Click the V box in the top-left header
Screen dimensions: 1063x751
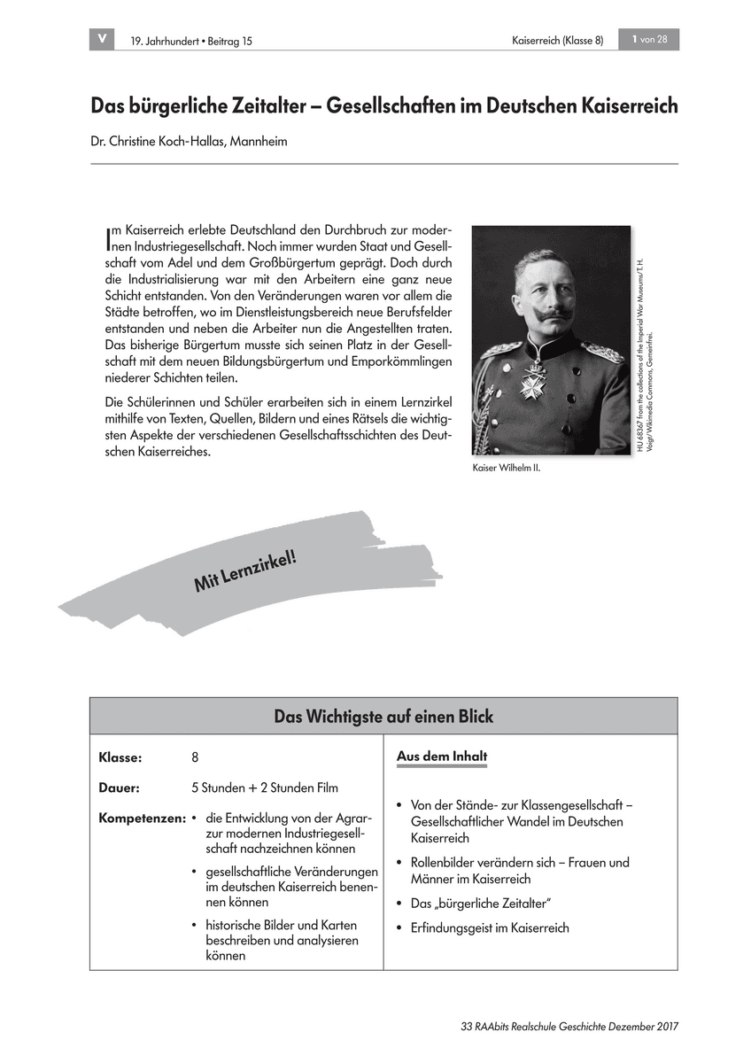[x=103, y=39]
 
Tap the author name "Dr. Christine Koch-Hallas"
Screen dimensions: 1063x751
[x=158, y=141]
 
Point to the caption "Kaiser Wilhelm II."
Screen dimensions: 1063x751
[x=507, y=469]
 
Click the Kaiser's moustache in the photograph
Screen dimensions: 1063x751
[x=547, y=314]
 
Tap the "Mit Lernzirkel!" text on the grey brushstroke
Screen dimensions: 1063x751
[x=244, y=570]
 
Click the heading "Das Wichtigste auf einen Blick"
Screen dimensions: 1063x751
[x=383, y=716]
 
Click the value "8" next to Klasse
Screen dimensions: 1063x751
[x=195, y=758]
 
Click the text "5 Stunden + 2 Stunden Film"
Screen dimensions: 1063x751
[x=264, y=788]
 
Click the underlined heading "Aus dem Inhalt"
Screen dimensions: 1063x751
[x=441, y=757]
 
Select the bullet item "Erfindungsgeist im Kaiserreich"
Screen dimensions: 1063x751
[x=489, y=928]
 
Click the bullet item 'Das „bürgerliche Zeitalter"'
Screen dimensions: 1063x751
[x=481, y=904]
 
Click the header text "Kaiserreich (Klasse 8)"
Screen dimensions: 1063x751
[x=557, y=41]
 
